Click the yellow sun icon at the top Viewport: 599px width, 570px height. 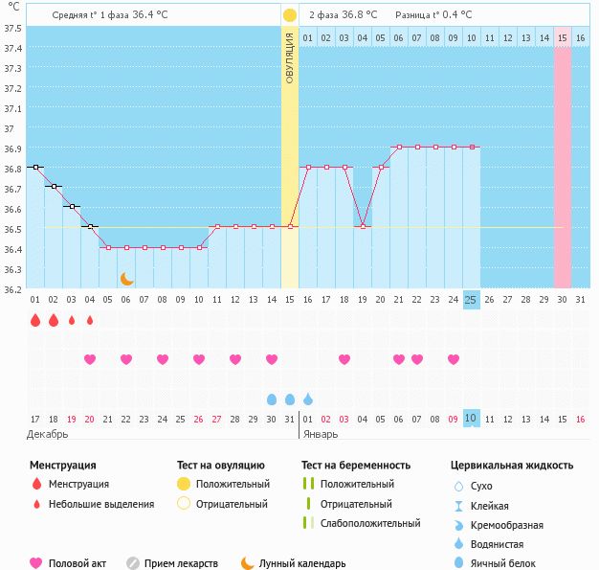(x=290, y=15)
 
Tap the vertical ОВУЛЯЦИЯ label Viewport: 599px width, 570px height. (x=290, y=57)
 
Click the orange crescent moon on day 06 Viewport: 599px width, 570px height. (x=126, y=279)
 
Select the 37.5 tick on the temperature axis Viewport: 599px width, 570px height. (x=13, y=28)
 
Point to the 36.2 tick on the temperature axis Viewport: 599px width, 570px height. (x=13, y=289)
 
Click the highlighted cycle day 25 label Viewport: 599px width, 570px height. (x=471, y=300)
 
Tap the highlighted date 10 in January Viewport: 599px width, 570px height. (x=471, y=419)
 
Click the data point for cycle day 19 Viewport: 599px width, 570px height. (x=362, y=226)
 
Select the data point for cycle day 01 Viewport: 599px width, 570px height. (x=35, y=167)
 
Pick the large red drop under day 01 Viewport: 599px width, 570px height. (x=35, y=321)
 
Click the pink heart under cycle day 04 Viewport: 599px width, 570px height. (x=90, y=359)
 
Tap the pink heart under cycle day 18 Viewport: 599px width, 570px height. (x=344, y=359)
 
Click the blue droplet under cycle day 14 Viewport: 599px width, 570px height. (x=272, y=399)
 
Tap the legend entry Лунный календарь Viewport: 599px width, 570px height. (x=301, y=563)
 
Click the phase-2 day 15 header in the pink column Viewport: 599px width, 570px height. (x=563, y=37)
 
